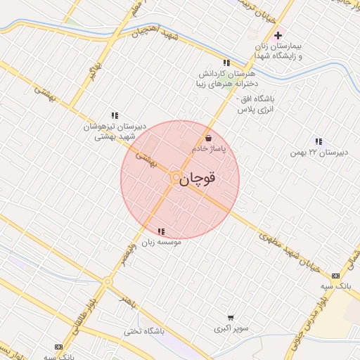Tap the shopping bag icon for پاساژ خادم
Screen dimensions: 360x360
pyautogui.click(x=209, y=138)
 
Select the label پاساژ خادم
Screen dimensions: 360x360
pyautogui.click(x=209, y=149)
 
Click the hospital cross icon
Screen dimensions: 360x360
pyautogui.click(x=278, y=35)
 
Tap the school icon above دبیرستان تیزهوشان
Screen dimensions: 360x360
pyautogui.click(x=114, y=115)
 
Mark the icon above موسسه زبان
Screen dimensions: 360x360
pyautogui.click(x=162, y=231)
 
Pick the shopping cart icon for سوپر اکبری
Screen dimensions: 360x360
pyautogui.click(x=231, y=318)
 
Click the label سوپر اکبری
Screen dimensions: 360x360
pyautogui.click(x=231, y=328)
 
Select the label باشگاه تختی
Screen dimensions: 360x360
pyautogui.click(x=144, y=330)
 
